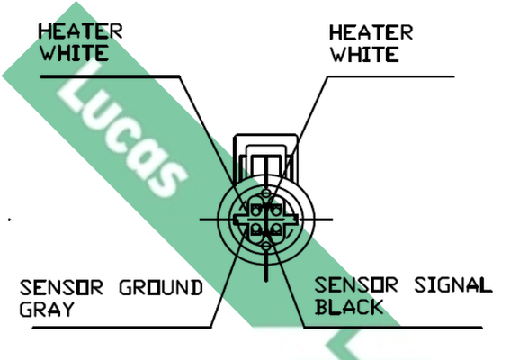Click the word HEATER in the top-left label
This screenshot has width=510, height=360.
(x=80, y=31)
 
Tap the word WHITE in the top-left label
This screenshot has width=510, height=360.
(x=74, y=53)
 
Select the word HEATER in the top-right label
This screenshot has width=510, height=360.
(x=371, y=32)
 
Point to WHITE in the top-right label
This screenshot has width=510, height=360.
(x=364, y=54)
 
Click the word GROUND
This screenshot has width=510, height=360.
(x=161, y=287)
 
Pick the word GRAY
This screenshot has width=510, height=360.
(x=47, y=310)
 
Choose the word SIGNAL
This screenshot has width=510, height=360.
(x=453, y=284)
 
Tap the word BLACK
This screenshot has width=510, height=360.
(x=349, y=307)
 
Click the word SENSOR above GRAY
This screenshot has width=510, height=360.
(x=61, y=287)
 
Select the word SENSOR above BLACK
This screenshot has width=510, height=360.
(x=356, y=284)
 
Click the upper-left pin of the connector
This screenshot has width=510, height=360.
(x=256, y=211)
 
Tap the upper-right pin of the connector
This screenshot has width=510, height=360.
(x=276, y=211)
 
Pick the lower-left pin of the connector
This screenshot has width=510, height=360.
(x=256, y=229)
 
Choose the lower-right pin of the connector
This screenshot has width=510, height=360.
(x=276, y=229)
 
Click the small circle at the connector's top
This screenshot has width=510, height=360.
(x=266, y=193)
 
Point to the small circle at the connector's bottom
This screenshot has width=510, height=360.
(x=266, y=247)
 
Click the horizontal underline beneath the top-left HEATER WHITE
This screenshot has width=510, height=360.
(x=110, y=76)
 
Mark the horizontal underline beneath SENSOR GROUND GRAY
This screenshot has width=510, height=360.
(x=121, y=327)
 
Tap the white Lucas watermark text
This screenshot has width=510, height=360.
(x=122, y=130)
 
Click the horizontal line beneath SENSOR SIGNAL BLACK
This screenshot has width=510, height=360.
(x=393, y=327)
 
